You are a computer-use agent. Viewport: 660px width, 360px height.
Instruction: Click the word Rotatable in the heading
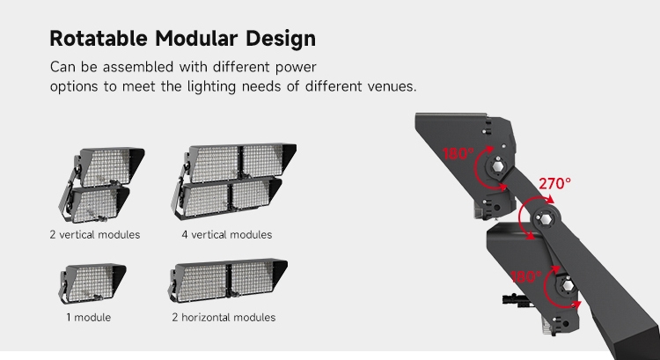click(x=99, y=39)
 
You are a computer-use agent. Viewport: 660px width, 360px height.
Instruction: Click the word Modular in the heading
click(x=196, y=39)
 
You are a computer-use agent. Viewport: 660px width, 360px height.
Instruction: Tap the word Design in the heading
click(x=281, y=39)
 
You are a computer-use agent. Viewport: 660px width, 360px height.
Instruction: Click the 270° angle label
click(x=554, y=184)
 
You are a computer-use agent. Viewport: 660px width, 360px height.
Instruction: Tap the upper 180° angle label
click(x=458, y=154)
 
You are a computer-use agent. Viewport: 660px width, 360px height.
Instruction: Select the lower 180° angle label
click(x=526, y=276)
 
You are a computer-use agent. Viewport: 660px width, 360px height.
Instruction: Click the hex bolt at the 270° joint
click(x=546, y=219)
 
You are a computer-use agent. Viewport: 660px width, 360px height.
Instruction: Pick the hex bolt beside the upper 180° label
click(x=497, y=166)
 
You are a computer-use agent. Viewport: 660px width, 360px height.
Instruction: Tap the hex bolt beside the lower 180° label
click(x=567, y=286)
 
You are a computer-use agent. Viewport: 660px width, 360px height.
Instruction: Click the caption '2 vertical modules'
click(x=95, y=234)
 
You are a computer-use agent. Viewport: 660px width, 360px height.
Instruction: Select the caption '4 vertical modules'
click(x=227, y=234)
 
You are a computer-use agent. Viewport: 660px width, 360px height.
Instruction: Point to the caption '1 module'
click(x=88, y=317)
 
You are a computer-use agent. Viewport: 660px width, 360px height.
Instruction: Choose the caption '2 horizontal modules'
click(x=224, y=317)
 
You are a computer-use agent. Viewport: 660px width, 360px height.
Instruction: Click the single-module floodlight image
click(x=92, y=283)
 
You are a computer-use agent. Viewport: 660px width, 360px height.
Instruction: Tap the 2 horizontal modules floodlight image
click(x=228, y=281)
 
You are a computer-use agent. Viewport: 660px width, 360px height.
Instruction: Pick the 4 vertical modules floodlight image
click(x=233, y=181)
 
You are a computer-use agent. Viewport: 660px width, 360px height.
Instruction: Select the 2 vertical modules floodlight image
click(x=101, y=185)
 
